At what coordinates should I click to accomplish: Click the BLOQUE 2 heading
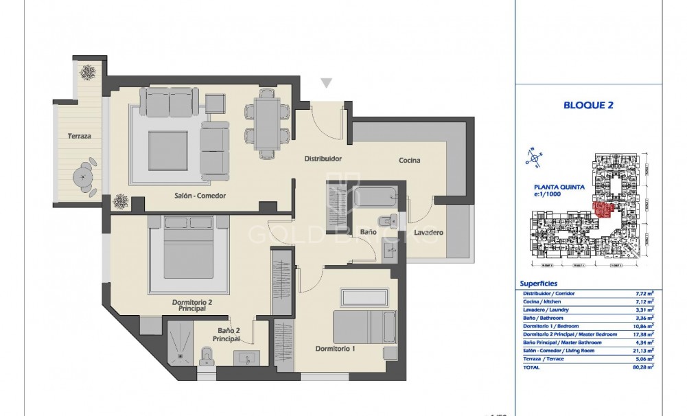[x=587, y=105]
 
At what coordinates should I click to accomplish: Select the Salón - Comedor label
[x=200, y=196]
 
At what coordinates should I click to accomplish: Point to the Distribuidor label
[x=323, y=159]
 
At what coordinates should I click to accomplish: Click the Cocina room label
[x=410, y=161]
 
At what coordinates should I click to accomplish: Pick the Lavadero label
[x=428, y=233]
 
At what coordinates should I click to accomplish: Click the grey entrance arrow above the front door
[x=327, y=83]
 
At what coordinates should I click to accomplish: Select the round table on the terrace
[x=84, y=176]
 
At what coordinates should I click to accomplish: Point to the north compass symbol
[x=531, y=157]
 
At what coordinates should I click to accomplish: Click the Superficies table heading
[x=539, y=283]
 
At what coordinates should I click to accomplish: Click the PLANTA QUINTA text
[x=559, y=186]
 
